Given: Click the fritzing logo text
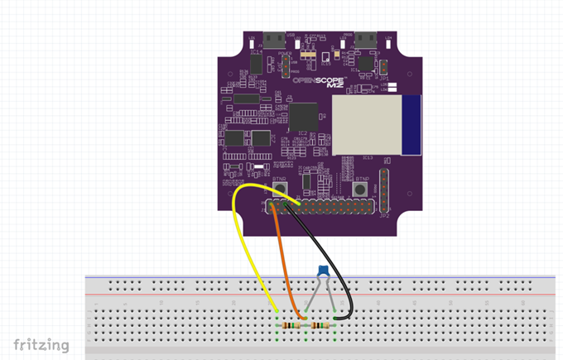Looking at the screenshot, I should (x=41, y=344).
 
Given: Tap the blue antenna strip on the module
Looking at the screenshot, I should (x=411, y=124).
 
